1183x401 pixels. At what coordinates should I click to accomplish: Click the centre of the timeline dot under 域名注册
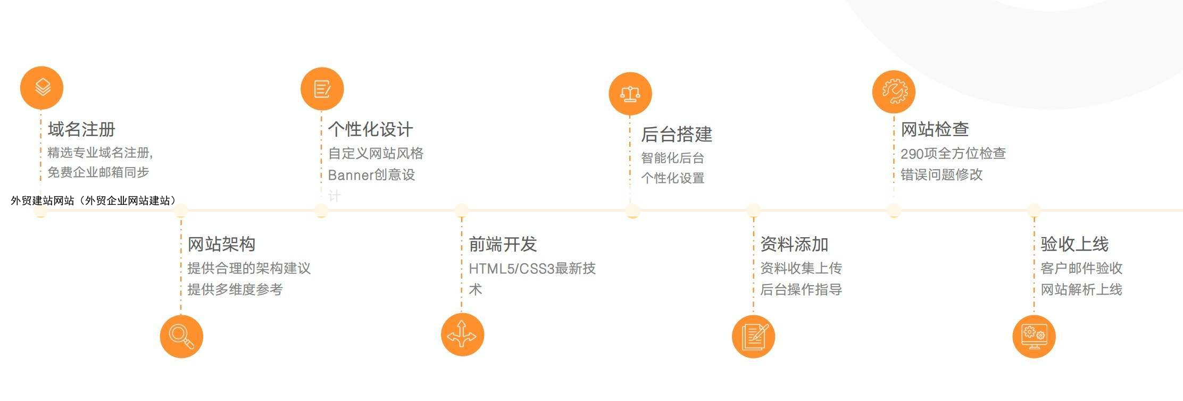pos(40,211)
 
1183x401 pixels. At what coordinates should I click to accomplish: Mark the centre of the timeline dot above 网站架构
pos(181,211)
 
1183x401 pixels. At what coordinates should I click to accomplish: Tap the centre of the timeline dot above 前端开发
pos(461,211)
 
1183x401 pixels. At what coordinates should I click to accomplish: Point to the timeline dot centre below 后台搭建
pos(632,211)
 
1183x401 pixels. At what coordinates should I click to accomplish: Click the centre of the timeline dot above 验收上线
pos(1034,211)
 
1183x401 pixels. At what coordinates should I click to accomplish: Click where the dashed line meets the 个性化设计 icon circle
pos(321,110)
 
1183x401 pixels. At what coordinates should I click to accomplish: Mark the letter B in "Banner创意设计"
pos(332,175)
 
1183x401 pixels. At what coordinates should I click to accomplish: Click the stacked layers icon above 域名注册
pos(41,88)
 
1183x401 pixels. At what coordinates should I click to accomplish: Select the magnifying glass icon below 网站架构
pos(181,337)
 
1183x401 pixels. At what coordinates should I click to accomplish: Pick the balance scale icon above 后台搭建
pos(630,94)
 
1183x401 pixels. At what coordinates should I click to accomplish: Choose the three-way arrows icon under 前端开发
pos(462,335)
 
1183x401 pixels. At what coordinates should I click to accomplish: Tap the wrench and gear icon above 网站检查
pos(894,91)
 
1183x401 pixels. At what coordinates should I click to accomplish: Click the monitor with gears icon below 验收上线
pos(1034,337)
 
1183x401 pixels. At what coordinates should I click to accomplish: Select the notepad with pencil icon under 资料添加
pos(753,337)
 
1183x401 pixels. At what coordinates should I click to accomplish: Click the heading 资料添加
pos(794,245)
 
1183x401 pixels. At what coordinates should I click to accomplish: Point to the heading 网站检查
pos(935,129)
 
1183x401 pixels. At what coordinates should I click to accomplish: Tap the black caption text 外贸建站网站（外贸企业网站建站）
pos(93,200)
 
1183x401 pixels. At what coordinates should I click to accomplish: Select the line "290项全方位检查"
pos(953,154)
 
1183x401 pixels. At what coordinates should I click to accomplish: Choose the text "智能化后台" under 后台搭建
pos(673,158)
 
